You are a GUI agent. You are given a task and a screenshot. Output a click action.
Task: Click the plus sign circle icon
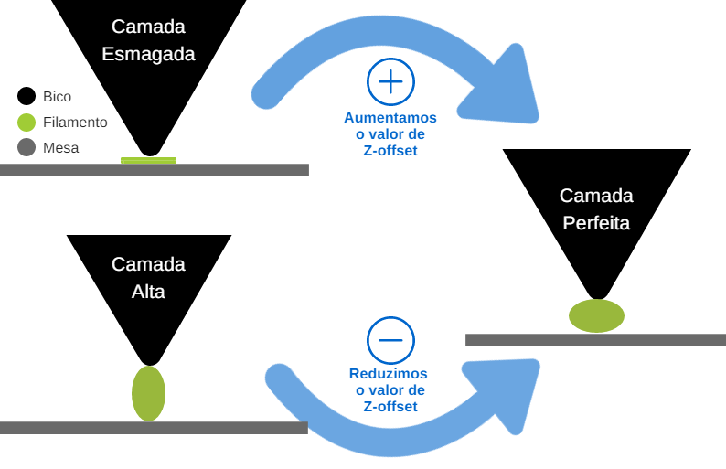(x=390, y=82)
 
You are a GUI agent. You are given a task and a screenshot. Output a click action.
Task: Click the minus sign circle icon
(x=390, y=340)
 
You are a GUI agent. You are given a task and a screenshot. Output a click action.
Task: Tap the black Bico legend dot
(x=27, y=96)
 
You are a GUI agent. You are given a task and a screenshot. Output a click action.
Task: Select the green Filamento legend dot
(x=27, y=122)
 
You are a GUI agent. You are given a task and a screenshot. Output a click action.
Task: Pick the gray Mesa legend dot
(x=27, y=147)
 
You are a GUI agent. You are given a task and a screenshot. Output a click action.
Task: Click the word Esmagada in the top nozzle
(x=148, y=54)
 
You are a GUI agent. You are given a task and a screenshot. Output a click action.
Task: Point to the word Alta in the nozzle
(x=148, y=292)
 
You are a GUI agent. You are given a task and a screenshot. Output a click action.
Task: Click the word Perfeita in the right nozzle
(x=596, y=222)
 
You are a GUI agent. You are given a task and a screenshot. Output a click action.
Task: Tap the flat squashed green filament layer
(x=148, y=161)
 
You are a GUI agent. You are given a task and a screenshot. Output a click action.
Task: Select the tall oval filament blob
(x=148, y=393)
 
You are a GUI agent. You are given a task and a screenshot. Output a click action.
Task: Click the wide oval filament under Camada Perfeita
(x=596, y=315)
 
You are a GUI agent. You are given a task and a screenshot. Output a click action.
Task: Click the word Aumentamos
(x=390, y=118)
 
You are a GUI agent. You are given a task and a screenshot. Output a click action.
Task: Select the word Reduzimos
(x=389, y=374)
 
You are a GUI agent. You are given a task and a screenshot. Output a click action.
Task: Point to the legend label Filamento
(x=75, y=122)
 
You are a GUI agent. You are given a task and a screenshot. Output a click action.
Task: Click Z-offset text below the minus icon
(x=390, y=407)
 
